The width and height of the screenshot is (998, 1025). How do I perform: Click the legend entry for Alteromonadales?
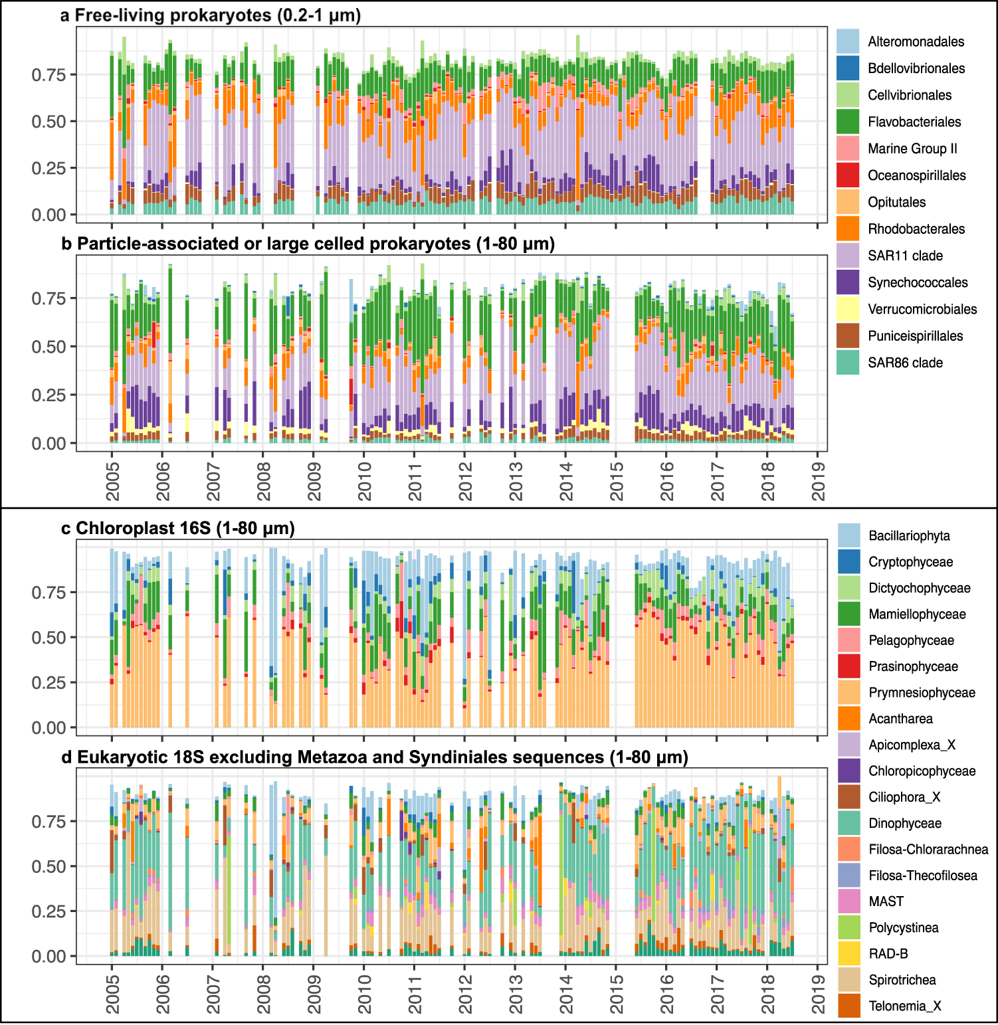[x=915, y=42]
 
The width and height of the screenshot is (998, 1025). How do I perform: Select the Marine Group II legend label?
[x=912, y=149]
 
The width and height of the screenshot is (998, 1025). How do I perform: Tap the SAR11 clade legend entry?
[x=904, y=256]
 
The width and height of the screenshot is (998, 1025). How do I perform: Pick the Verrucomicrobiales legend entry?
[x=922, y=310]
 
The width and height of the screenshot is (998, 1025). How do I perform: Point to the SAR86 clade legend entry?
[x=904, y=363]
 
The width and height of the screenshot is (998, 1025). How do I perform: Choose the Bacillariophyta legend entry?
[x=908, y=536]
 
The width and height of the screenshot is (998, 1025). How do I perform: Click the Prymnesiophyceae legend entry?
[x=921, y=693]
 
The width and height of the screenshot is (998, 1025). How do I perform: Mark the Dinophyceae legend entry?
[x=904, y=824]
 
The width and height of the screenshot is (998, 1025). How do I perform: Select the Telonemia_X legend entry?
[x=904, y=1006]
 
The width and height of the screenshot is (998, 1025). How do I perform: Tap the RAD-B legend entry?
[x=888, y=954]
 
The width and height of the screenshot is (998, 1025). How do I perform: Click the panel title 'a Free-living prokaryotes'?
[x=210, y=15]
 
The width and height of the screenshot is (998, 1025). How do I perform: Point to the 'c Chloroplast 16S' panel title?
[x=177, y=529]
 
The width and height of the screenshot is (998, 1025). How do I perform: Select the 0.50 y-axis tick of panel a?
[x=49, y=122]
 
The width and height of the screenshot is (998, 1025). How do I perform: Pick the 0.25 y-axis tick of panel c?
[x=49, y=683]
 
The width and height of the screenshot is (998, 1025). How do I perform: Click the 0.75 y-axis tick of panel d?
[x=49, y=822]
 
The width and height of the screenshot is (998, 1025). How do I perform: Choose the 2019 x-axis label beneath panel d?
[x=818, y=994]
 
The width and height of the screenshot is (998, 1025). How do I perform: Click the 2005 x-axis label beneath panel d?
[x=112, y=994]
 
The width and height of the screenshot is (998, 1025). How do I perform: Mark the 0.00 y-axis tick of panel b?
[x=49, y=444]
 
